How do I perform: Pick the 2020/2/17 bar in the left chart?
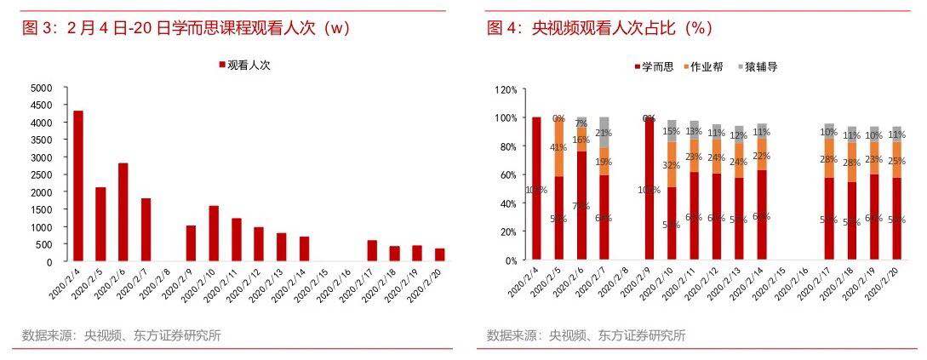pyautogui.click(x=372, y=250)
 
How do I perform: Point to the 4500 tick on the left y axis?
pyautogui.click(x=41, y=105)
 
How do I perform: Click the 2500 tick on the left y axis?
pyautogui.click(x=41, y=174)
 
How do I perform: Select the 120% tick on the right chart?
pyautogui.click(x=505, y=89)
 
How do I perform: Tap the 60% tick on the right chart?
pyautogui.click(x=507, y=174)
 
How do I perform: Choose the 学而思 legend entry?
pyautogui.click(x=655, y=66)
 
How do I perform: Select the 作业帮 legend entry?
pyautogui.click(x=706, y=66)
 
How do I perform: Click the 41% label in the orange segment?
pyautogui.click(x=559, y=147)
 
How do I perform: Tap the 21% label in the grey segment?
pyautogui.click(x=604, y=133)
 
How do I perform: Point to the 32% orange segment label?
pyautogui.click(x=672, y=165)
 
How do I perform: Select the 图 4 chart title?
pyautogui.click(x=599, y=28)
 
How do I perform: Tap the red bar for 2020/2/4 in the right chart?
pyautogui.click(x=536, y=188)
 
